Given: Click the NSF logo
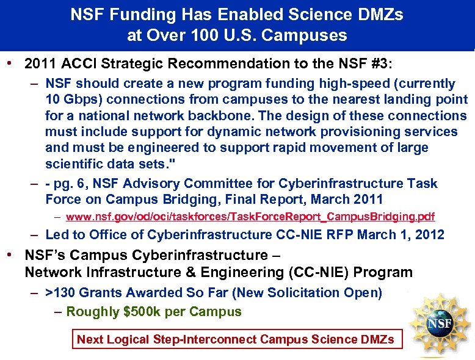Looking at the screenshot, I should tap(440, 320).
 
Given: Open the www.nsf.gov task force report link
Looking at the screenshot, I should tap(250, 217).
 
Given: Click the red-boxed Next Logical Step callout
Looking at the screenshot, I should tap(237, 339).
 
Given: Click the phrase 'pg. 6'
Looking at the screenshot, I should tap(67, 183).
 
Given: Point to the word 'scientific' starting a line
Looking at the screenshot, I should tap(75, 163).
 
